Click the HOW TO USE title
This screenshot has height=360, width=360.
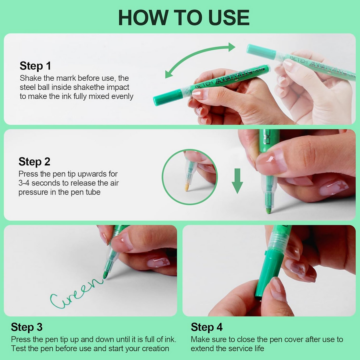tap(184, 18)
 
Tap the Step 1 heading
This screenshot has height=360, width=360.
tap(35, 66)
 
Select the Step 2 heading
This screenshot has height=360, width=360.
tap(34, 161)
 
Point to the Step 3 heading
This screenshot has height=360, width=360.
tap(27, 327)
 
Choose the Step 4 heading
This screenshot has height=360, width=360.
tap(207, 327)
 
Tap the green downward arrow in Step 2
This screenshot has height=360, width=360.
tap(237, 181)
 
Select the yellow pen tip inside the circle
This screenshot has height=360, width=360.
tap(187, 187)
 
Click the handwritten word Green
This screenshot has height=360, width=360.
tap(76, 293)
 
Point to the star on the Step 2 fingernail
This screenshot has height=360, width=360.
tap(342, 185)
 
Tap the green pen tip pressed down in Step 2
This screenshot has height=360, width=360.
tap(268, 211)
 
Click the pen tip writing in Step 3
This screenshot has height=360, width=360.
tap(105, 275)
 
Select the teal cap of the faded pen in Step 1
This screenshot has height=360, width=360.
tap(261, 52)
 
